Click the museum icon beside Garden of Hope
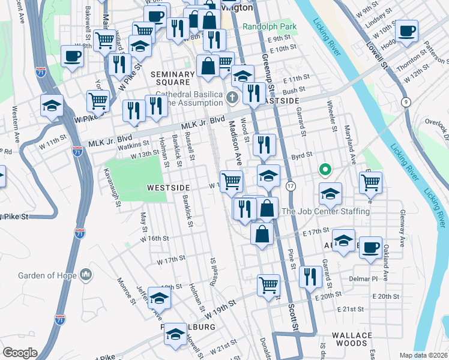coord(86,275)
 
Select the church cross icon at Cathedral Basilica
coord(234,97)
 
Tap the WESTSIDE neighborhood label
coord(169,188)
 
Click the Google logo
coord(20,353)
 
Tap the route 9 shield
coord(406,102)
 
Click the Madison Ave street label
coord(234,145)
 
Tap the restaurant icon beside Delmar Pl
coord(309,278)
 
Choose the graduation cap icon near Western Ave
coord(52,105)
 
